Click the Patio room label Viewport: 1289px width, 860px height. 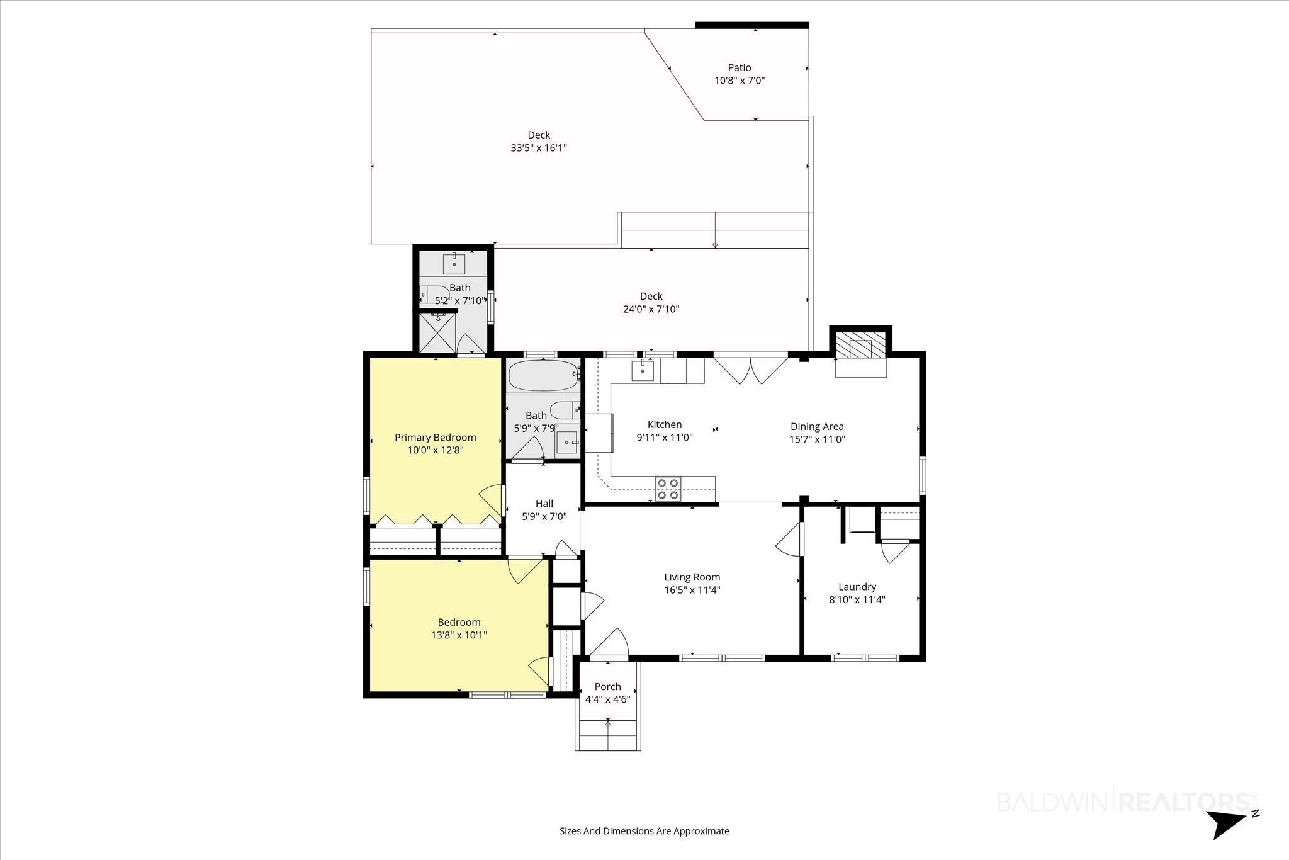(x=740, y=67)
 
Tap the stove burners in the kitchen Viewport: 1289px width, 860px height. (x=668, y=489)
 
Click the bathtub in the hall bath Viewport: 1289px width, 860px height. (x=544, y=375)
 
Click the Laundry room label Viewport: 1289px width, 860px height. (x=857, y=587)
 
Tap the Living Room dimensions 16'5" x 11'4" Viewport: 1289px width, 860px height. (x=692, y=590)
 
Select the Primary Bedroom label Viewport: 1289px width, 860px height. (x=436, y=438)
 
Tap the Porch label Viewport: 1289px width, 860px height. (x=608, y=686)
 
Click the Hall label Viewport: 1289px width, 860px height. (x=544, y=503)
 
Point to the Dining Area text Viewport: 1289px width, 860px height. (x=817, y=426)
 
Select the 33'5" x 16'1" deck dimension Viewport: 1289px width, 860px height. (x=539, y=148)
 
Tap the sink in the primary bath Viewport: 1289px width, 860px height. (x=454, y=263)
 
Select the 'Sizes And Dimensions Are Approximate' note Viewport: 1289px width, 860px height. (x=644, y=831)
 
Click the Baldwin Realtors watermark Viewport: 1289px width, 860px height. (x=1125, y=802)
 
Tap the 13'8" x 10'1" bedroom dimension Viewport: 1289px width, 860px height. (x=459, y=635)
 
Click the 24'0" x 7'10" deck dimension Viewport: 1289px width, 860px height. (x=651, y=309)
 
